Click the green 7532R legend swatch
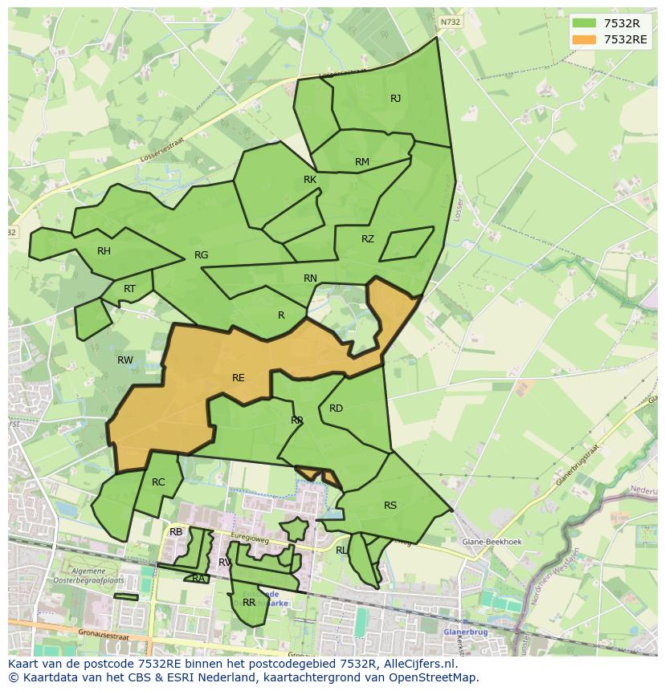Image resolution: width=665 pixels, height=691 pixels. tap(584, 23)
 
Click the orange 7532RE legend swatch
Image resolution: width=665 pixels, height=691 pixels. tap(584, 39)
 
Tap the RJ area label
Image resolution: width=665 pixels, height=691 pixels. tap(395, 99)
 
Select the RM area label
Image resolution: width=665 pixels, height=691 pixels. tap(362, 162)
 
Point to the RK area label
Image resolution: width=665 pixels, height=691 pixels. tap(310, 180)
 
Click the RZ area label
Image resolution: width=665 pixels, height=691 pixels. tap(368, 239)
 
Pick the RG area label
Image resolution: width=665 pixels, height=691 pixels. tap(201, 255)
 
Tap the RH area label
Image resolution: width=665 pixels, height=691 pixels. tap(104, 251)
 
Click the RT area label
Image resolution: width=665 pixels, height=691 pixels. tap(129, 289)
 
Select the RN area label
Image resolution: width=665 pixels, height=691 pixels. tap(310, 278)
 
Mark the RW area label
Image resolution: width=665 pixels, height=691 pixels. tap(125, 360)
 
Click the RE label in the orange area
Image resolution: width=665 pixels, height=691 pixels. tap(238, 378)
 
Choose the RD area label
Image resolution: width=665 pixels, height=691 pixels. tap(336, 409)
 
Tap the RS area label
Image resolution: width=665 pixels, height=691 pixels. tap(390, 506)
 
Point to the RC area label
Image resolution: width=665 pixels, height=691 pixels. tap(158, 482)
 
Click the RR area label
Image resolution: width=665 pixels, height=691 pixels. tap(249, 603)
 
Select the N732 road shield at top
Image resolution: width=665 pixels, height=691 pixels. tap(451, 22)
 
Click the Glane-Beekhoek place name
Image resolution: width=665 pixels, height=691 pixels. tap(492, 542)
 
